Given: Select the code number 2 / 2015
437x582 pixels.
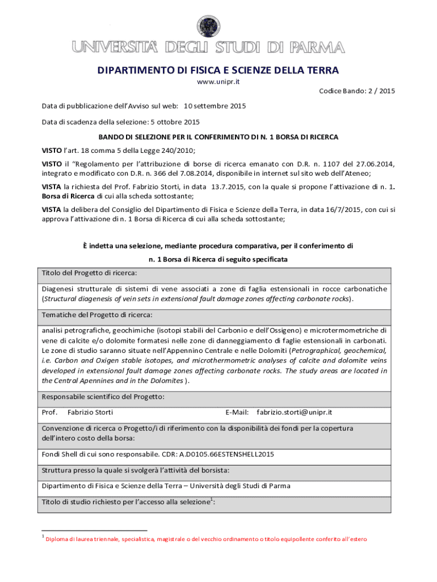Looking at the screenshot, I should click(379, 90).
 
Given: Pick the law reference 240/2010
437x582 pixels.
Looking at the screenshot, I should click(177, 151).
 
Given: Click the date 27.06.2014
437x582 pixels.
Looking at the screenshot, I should click(375, 164).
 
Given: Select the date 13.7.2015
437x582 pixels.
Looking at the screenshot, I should click(228, 186).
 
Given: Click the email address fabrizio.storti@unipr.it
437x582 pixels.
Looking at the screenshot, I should click(294, 412).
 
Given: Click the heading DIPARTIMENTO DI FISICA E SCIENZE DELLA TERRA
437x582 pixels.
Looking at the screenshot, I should click(218, 70).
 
